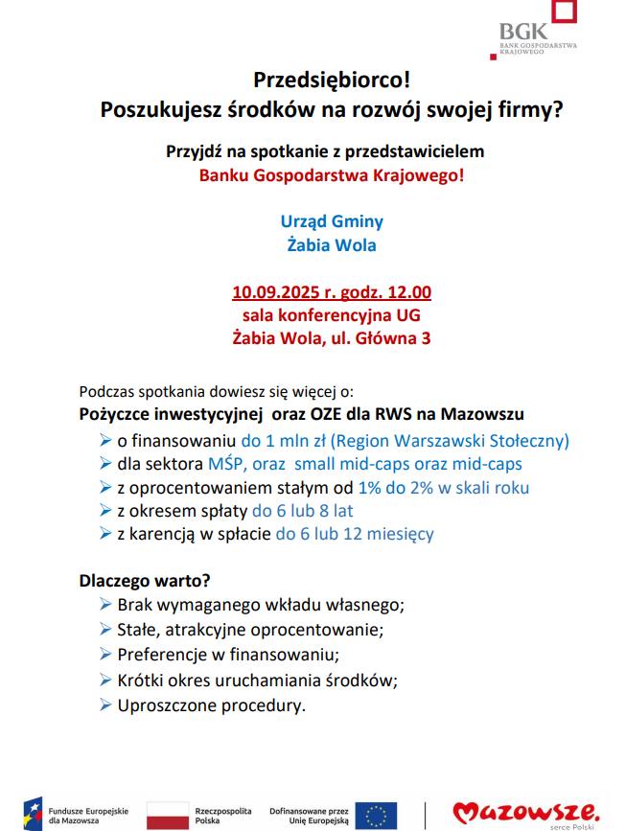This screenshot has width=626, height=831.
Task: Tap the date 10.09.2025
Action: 278,292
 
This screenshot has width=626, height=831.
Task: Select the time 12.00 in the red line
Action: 409,292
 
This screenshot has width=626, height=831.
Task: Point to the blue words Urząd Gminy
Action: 332,221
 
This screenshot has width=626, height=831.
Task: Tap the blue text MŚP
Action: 225,464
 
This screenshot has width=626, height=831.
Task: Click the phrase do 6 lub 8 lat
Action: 302,511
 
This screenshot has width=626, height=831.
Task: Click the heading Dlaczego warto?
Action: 145,581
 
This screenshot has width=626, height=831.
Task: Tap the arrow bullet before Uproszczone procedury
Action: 105,706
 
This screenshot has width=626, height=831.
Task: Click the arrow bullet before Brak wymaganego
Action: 105,605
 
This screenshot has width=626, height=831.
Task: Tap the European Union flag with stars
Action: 376,815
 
